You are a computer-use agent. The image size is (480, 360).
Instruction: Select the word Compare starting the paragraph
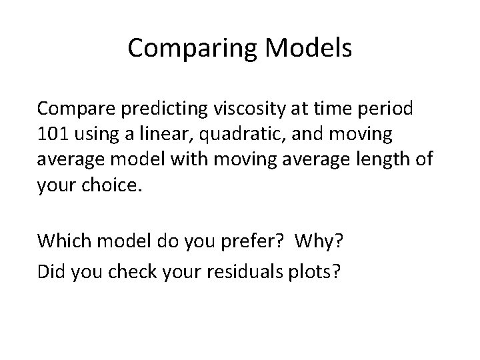point(75,107)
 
